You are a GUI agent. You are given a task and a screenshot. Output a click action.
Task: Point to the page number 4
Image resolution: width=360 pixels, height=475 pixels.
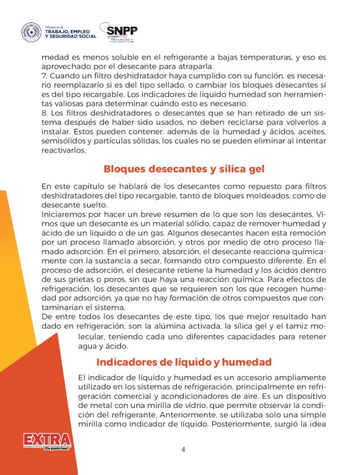[x=183, y=449]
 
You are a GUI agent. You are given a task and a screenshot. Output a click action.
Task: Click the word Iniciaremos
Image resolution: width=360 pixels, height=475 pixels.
[x=65, y=214]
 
